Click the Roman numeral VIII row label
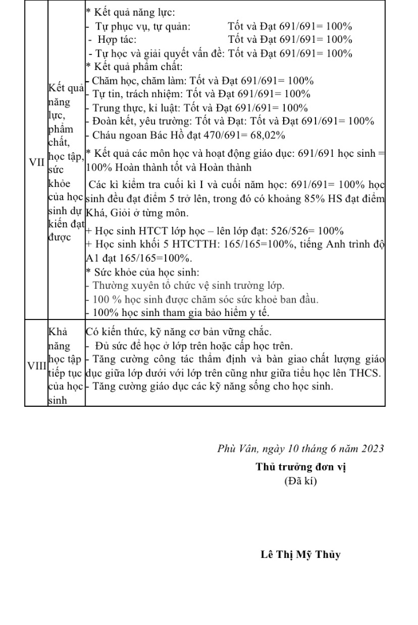click(x=36, y=366)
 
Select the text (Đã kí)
click(x=300, y=481)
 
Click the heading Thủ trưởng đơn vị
click(x=300, y=468)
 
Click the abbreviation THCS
click(x=366, y=373)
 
